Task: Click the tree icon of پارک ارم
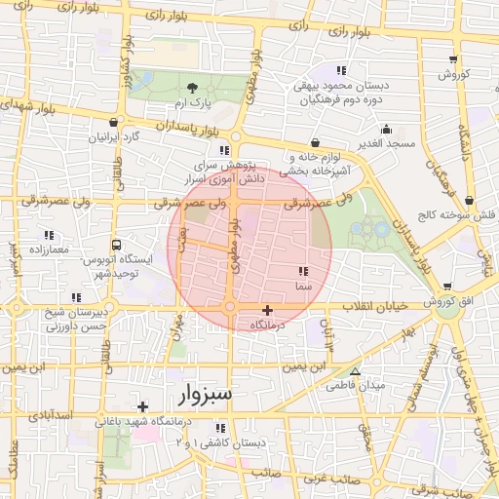[192, 88]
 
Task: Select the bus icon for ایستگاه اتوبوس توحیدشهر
[117, 246]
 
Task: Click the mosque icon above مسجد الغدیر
[387, 129]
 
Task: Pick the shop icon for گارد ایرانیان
[116, 123]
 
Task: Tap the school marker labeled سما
[302, 271]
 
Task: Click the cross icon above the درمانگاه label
[267, 310]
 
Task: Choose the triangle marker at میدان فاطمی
[355, 371]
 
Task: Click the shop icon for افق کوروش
[447, 288]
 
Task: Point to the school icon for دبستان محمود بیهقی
[340, 70]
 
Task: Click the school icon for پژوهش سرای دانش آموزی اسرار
[225, 150]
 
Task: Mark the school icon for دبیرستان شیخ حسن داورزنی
[76, 297]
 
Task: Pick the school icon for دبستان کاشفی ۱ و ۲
[219, 428]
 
